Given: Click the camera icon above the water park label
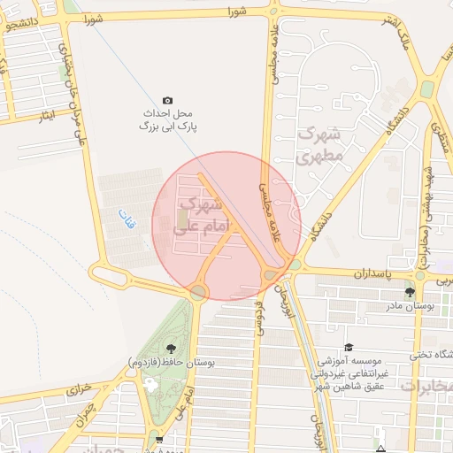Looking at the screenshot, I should point(168,101).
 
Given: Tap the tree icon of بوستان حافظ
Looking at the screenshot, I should point(170,348).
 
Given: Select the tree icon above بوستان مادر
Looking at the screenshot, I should point(410,292).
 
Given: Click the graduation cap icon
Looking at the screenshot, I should point(349,347).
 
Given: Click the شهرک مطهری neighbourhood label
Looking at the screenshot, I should point(319,146).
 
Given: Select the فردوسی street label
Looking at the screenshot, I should point(260,318).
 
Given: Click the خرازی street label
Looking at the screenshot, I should point(80,388).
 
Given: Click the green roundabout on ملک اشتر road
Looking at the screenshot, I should point(427,89).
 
